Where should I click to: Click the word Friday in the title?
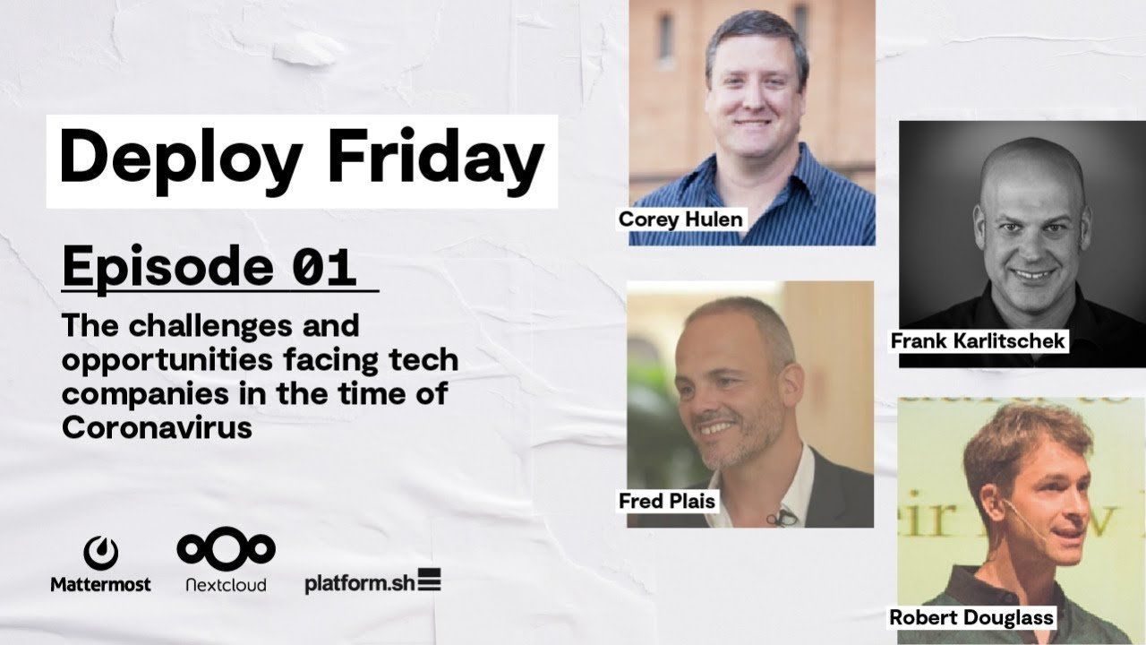(436, 155)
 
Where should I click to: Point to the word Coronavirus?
(157, 427)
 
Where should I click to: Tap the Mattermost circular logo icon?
(101, 553)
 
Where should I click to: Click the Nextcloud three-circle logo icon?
(227, 552)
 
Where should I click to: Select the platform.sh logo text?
(360, 584)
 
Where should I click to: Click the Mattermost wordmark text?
(101, 584)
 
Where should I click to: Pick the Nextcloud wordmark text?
(227, 585)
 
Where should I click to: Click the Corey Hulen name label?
(680, 219)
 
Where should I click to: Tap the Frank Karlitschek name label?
(978, 340)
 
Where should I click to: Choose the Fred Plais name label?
(667, 501)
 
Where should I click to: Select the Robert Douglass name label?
(971, 617)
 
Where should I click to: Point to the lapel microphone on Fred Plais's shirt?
(782, 519)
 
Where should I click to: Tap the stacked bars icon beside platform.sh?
(429, 580)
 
